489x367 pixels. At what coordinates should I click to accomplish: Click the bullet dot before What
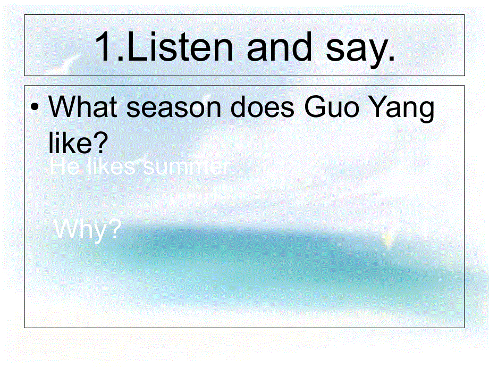(x=35, y=109)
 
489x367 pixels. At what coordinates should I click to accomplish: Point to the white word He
(x=62, y=167)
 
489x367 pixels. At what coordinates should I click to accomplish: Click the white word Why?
(x=88, y=230)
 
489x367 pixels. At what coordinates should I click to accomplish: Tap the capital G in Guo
(x=316, y=107)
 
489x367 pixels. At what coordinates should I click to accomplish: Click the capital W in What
(x=61, y=107)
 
